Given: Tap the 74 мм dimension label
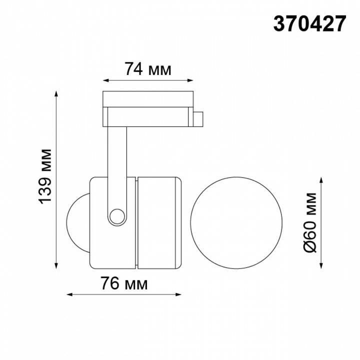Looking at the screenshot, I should click(x=148, y=69).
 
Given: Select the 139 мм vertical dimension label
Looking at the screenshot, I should click(x=46, y=176).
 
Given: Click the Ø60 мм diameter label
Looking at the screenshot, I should click(x=311, y=221).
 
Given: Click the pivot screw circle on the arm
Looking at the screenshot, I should click(x=118, y=215).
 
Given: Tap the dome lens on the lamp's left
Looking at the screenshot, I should click(x=77, y=221).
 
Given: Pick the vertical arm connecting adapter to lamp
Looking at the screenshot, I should click(x=117, y=165).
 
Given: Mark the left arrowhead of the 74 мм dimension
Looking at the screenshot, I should click(x=105, y=80).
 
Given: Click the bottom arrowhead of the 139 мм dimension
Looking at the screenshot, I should click(x=56, y=265).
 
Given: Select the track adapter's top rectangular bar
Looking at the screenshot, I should click(x=147, y=98).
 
